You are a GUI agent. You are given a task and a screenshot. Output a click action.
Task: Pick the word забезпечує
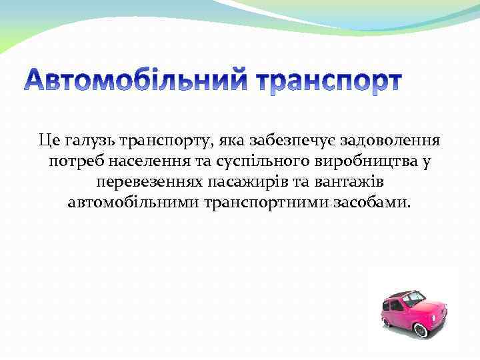coord(291,141)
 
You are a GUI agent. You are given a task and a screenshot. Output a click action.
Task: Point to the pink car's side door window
coord(395,305)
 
